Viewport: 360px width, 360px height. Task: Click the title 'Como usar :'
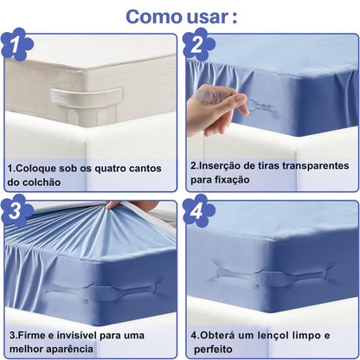tap(182, 16)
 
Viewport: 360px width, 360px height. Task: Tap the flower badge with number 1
tap(16, 45)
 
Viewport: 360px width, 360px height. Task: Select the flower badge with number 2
tap(199, 45)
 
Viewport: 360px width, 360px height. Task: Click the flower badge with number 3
tap(16, 211)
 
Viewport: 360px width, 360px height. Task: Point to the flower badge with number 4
tap(199, 211)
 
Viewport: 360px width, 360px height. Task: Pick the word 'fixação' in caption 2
tap(232, 180)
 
